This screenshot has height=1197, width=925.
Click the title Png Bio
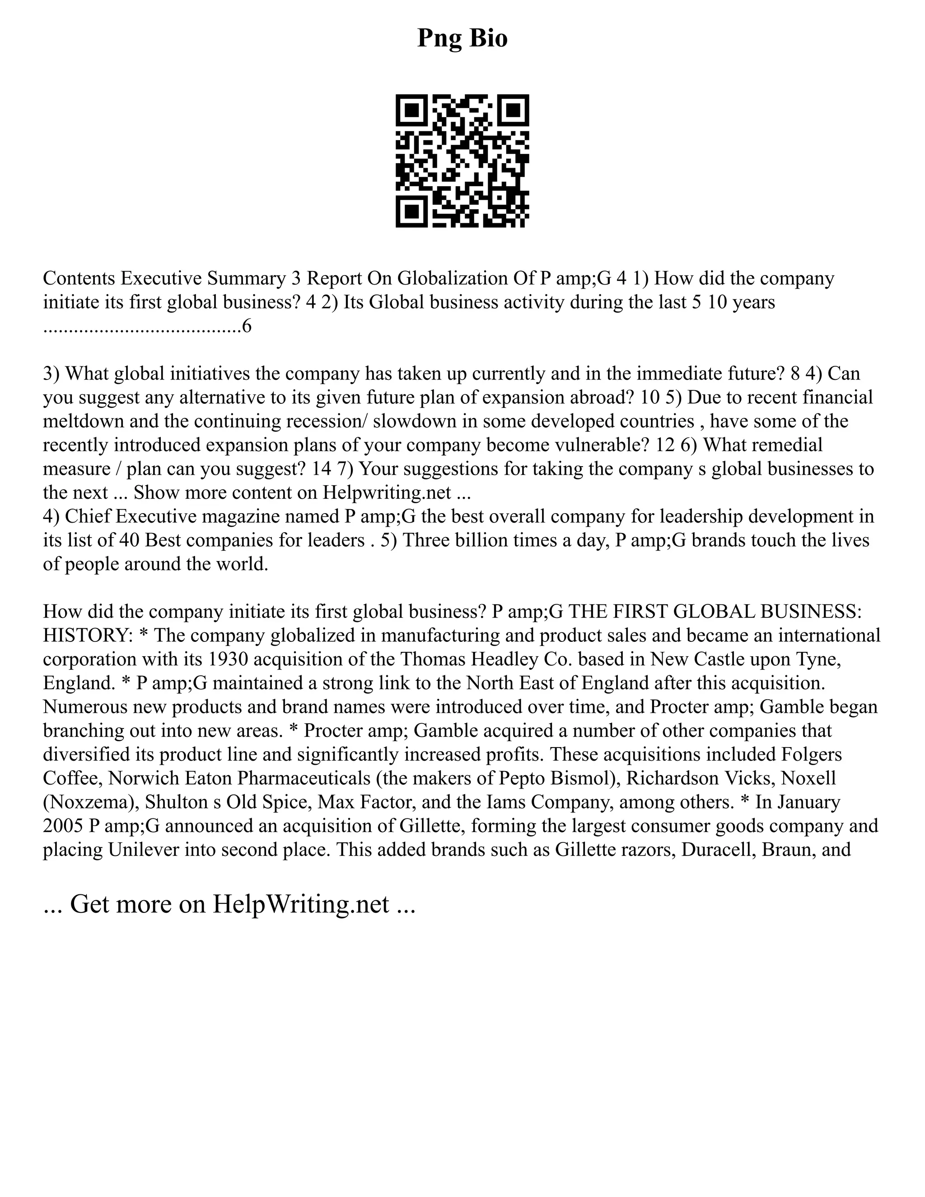[462, 38]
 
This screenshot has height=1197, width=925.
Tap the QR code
[462, 161]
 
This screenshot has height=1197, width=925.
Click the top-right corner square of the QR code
[513, 111]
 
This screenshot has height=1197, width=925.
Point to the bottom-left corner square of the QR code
[411, 211]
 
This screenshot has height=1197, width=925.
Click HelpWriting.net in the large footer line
[301, 904]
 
